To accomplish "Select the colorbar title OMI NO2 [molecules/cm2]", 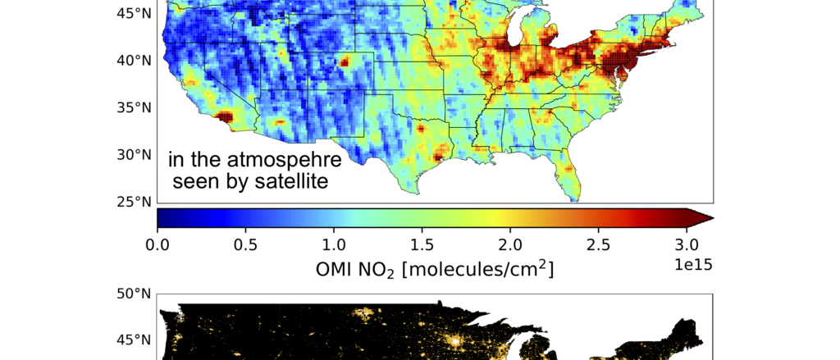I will tap(434, 268).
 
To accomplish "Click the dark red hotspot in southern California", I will tap(223, 117).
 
